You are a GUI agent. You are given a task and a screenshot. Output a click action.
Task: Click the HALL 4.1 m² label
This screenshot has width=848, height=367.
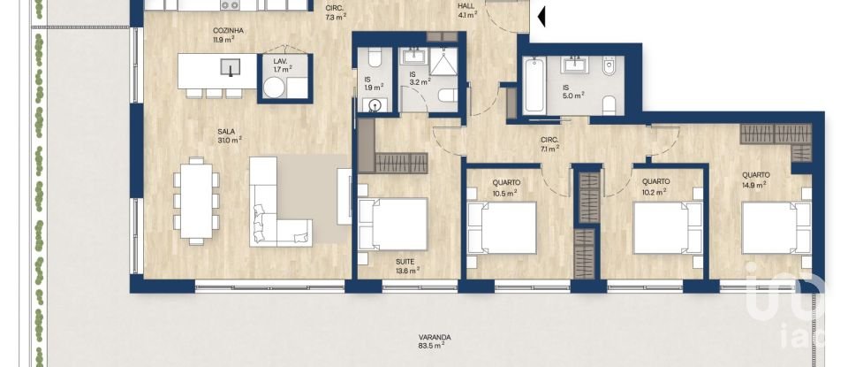pyautogui.click(x=466, y=10)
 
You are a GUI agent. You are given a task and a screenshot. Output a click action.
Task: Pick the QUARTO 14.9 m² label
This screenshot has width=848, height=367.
pyautogui.click(x=755, y=180)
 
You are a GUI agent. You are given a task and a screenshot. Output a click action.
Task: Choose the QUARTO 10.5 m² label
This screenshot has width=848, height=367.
pyautogui.click(x=504, y=187)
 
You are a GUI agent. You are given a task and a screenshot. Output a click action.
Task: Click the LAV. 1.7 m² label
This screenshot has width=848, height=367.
pyautogui.click(x=283, y=65)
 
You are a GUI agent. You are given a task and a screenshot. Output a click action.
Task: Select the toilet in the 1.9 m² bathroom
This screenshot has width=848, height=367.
pyautogui.click(x=373, y=58)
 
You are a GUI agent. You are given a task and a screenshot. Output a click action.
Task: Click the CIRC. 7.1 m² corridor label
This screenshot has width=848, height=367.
pyautogui.click(x=549, y=144)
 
